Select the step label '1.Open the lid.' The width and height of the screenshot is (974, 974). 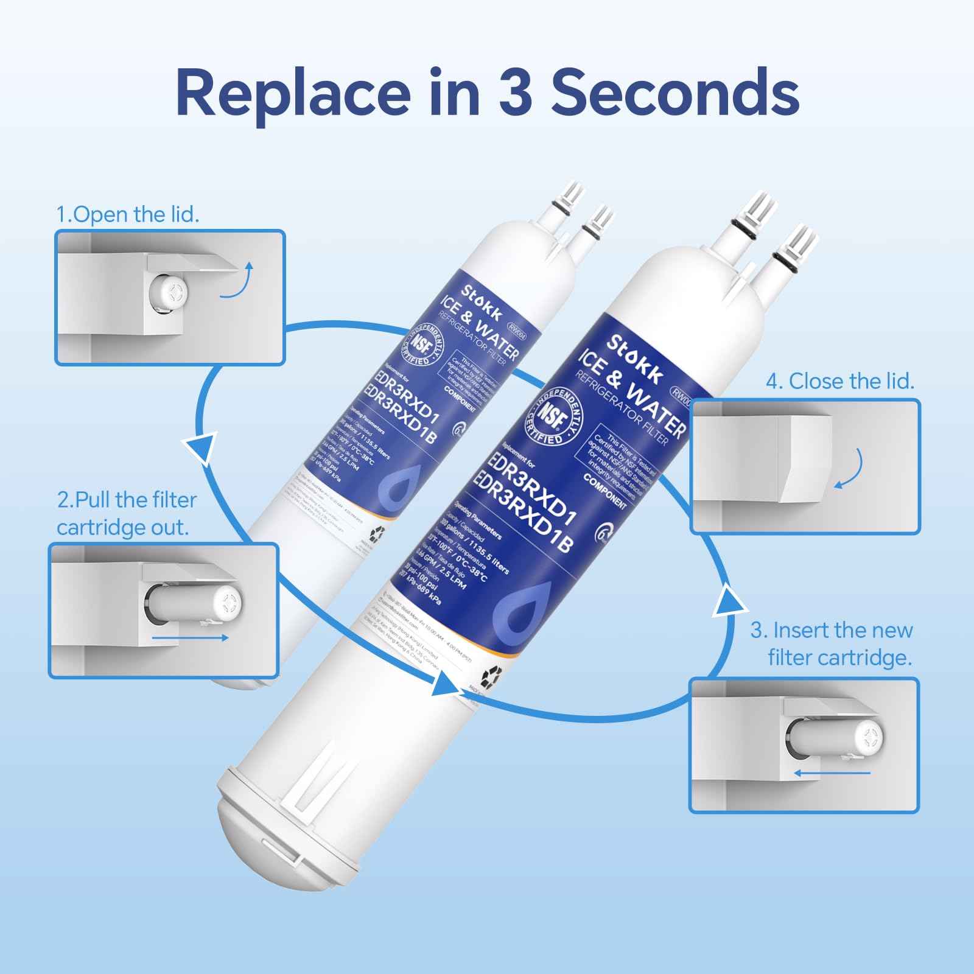coord(128,214)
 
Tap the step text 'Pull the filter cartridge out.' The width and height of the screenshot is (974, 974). coord(127,513)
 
